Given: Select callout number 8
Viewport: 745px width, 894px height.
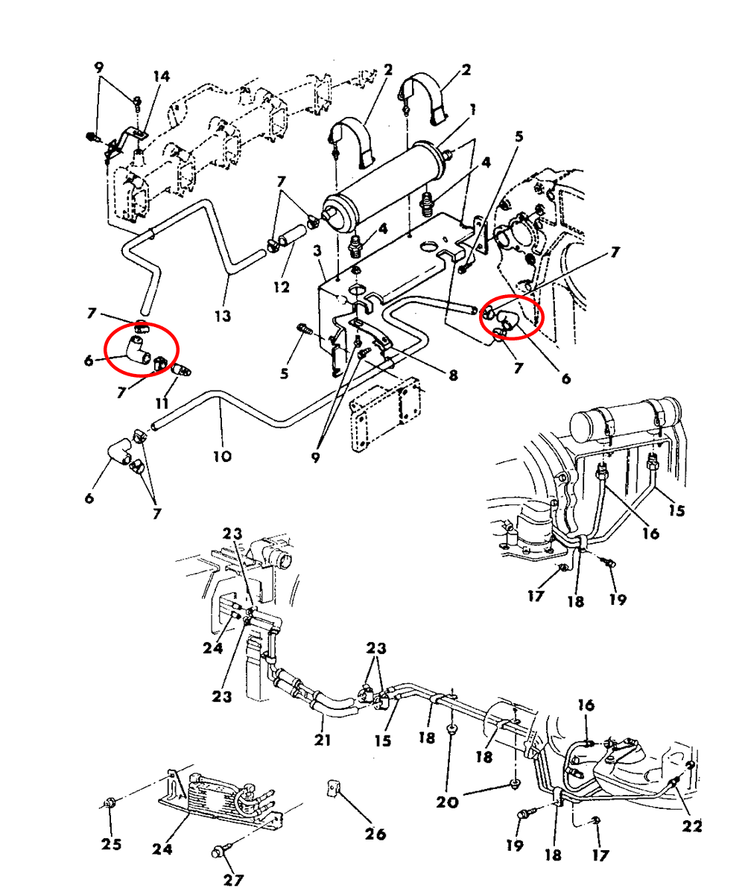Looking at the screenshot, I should (x=453, y=376).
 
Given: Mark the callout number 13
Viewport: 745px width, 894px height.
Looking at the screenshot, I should (x=222, y=316).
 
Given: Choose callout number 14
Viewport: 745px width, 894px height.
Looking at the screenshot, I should (x=162, y=76).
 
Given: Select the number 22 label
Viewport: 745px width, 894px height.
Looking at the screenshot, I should (x=692, y=825).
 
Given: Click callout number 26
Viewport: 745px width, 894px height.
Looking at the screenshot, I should (x=375, y=834).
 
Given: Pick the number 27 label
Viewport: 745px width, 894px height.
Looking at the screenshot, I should (x=233, y=880).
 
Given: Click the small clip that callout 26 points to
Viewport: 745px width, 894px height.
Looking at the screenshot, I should (x=334, y=788).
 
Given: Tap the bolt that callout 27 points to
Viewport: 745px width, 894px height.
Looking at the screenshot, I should (x=221, y=850).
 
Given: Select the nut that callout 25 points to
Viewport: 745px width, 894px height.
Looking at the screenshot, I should (x=110, y=802).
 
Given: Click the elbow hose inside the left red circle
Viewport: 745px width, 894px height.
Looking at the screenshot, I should (x=136, y=348).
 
